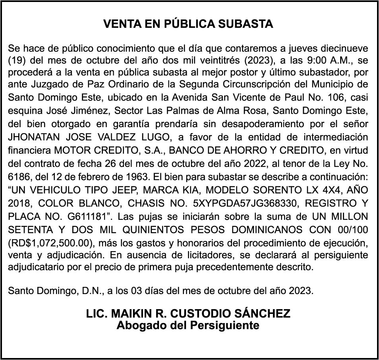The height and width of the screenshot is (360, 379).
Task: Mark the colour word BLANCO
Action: pos(97,203)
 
